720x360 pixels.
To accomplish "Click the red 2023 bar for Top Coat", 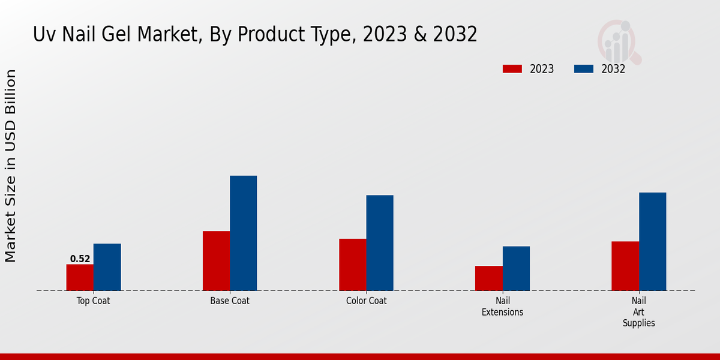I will [x=80, y=277].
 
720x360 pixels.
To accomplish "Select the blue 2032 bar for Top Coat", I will [x=107, y=267].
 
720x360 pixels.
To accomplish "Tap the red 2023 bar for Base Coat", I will [x=216, y=261].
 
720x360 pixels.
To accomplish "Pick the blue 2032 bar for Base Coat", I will [x=243, y=233].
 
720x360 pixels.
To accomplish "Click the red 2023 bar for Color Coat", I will [x=352, y=265].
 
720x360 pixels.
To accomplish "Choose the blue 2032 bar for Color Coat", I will [x=380, y=243].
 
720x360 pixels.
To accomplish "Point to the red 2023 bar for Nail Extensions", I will [x=488, y=278].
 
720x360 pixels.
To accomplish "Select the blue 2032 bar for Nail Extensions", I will [x=516, y=268].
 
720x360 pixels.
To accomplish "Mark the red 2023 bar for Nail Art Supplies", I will [x=625, y=266].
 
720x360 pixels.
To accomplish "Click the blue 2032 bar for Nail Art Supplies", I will [x=652, y=242].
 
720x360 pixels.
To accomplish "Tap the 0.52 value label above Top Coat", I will [x=80, y=259].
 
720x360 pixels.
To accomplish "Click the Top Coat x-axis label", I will [x=93, y=301].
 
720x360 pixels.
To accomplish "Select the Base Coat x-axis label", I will [x=230, y=301].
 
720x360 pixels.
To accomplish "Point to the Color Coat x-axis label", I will [x=366, y=301].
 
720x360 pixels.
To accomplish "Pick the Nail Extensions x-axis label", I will [x=502, y=307].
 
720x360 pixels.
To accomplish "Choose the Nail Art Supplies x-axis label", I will [x=638, y=312].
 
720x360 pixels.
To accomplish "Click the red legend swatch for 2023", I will [x=512, y=69].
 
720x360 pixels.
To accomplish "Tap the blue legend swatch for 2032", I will [x=583, y=69].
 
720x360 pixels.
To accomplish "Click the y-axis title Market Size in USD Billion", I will [x=11, y=166].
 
